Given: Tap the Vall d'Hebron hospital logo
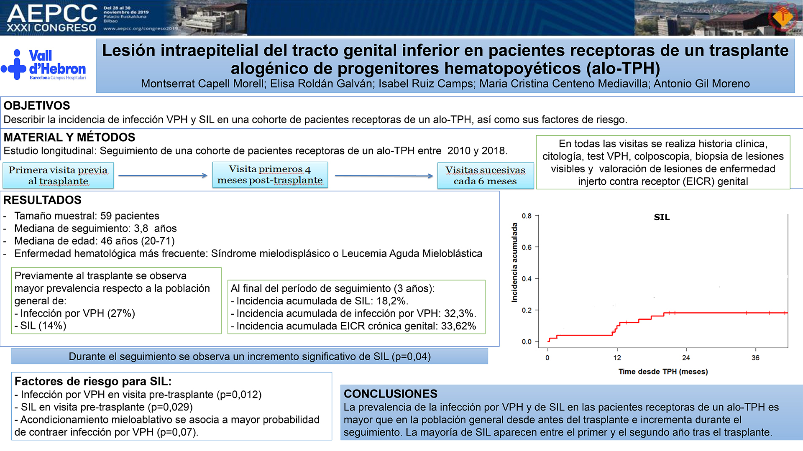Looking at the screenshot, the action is pos(43,64).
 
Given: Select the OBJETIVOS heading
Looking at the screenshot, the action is pos(37,106).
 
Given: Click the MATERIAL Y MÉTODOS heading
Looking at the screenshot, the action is pos(69,138).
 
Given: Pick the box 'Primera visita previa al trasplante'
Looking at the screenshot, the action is pos(58,176).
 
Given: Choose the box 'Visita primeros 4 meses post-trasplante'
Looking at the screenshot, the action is pos(270,175).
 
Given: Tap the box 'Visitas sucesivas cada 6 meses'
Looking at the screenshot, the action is pos(485,176).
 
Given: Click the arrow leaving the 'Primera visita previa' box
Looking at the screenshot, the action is pos(163,176).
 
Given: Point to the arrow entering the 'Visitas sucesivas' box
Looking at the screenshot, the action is pos(384,176).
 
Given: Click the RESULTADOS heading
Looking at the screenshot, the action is pos(42,200).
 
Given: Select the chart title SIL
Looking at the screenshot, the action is pos(662,217).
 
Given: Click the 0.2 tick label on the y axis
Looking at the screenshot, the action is pos(527,310).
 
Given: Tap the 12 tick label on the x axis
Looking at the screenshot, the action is pos(617,358).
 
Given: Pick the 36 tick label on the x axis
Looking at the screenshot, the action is pos(755,358).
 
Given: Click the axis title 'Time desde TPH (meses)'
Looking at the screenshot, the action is pos(663,372).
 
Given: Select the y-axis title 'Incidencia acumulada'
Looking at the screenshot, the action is pos(514,262).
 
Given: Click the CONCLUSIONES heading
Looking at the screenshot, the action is pos(390,394).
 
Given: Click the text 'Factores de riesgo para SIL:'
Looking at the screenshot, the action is pos(93,381).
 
